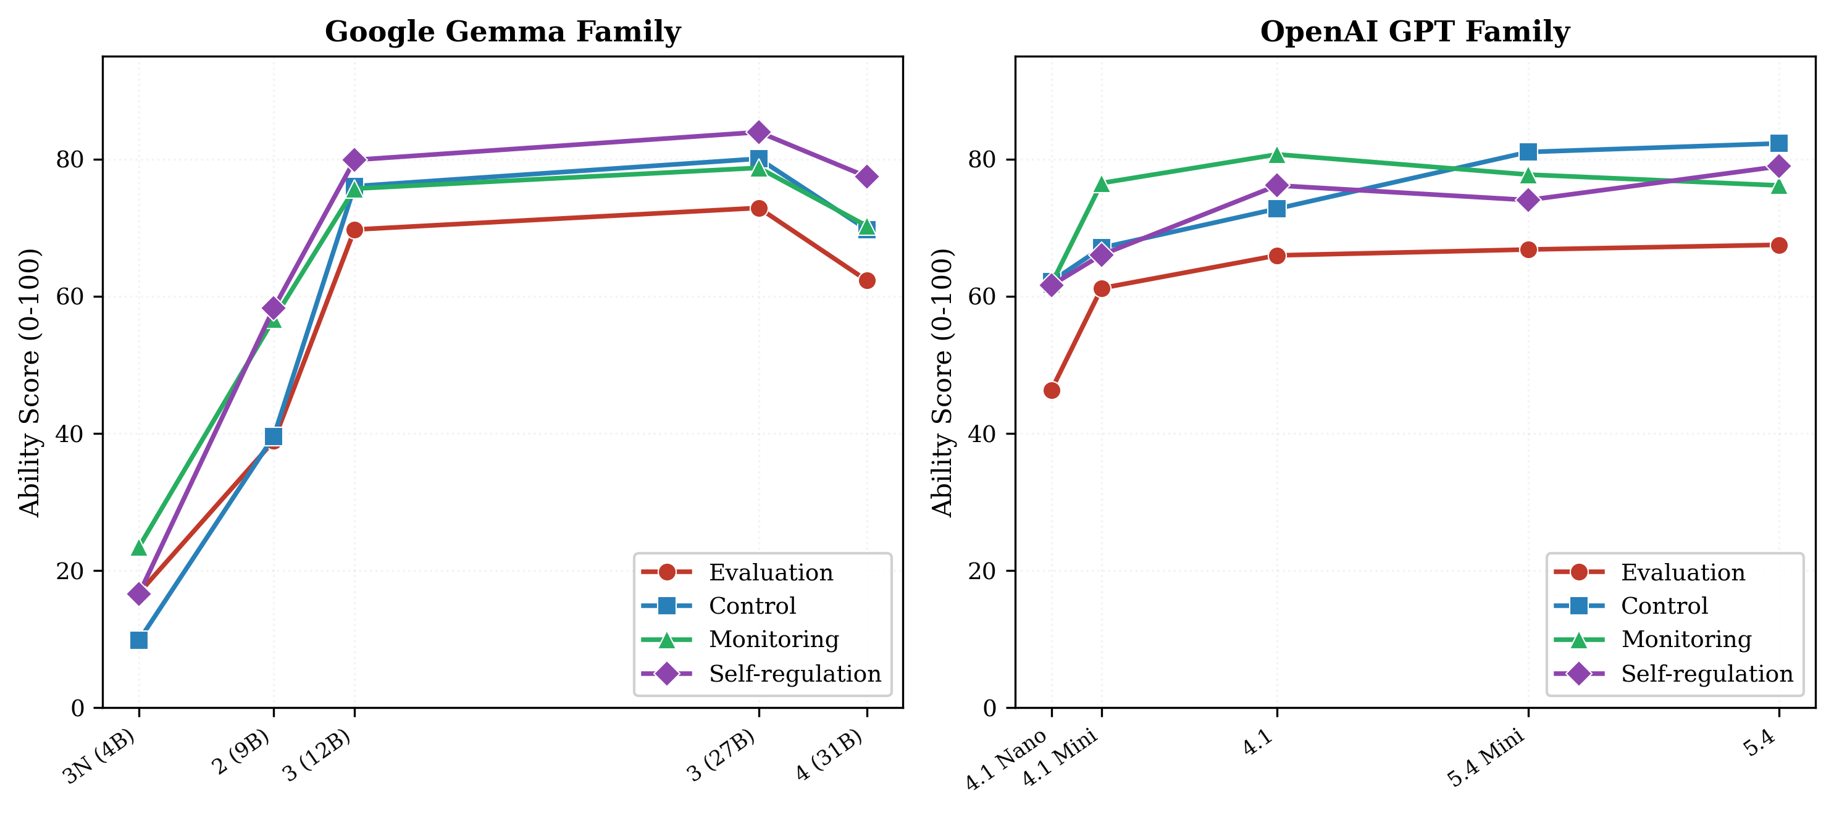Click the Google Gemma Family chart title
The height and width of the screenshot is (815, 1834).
point(503,32)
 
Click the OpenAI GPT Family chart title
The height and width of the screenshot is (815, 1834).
point(1414,32)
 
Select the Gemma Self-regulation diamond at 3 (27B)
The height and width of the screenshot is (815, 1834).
point(758,132)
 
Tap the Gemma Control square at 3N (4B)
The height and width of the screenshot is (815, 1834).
point(139,640)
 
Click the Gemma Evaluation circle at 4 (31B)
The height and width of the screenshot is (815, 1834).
point(866,280)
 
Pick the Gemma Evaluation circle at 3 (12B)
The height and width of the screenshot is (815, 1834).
point(354,230)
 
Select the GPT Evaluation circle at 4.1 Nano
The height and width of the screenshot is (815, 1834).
point(1052,390)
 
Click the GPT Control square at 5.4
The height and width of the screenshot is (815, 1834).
point(1778,143)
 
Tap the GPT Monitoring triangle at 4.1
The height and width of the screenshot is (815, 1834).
point(1276,154)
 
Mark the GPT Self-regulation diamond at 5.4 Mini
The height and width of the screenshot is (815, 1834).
point(1528,200)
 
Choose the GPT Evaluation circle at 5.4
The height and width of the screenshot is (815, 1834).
point(1778,246)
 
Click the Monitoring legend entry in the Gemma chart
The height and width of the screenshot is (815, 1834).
point(773,639)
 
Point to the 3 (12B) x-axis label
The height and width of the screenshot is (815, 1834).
point(318,755)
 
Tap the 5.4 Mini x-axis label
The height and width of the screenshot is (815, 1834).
point(1486,758)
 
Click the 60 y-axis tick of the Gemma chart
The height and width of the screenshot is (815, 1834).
point(70,297)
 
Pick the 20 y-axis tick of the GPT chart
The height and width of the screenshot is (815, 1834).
point(982,571)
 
